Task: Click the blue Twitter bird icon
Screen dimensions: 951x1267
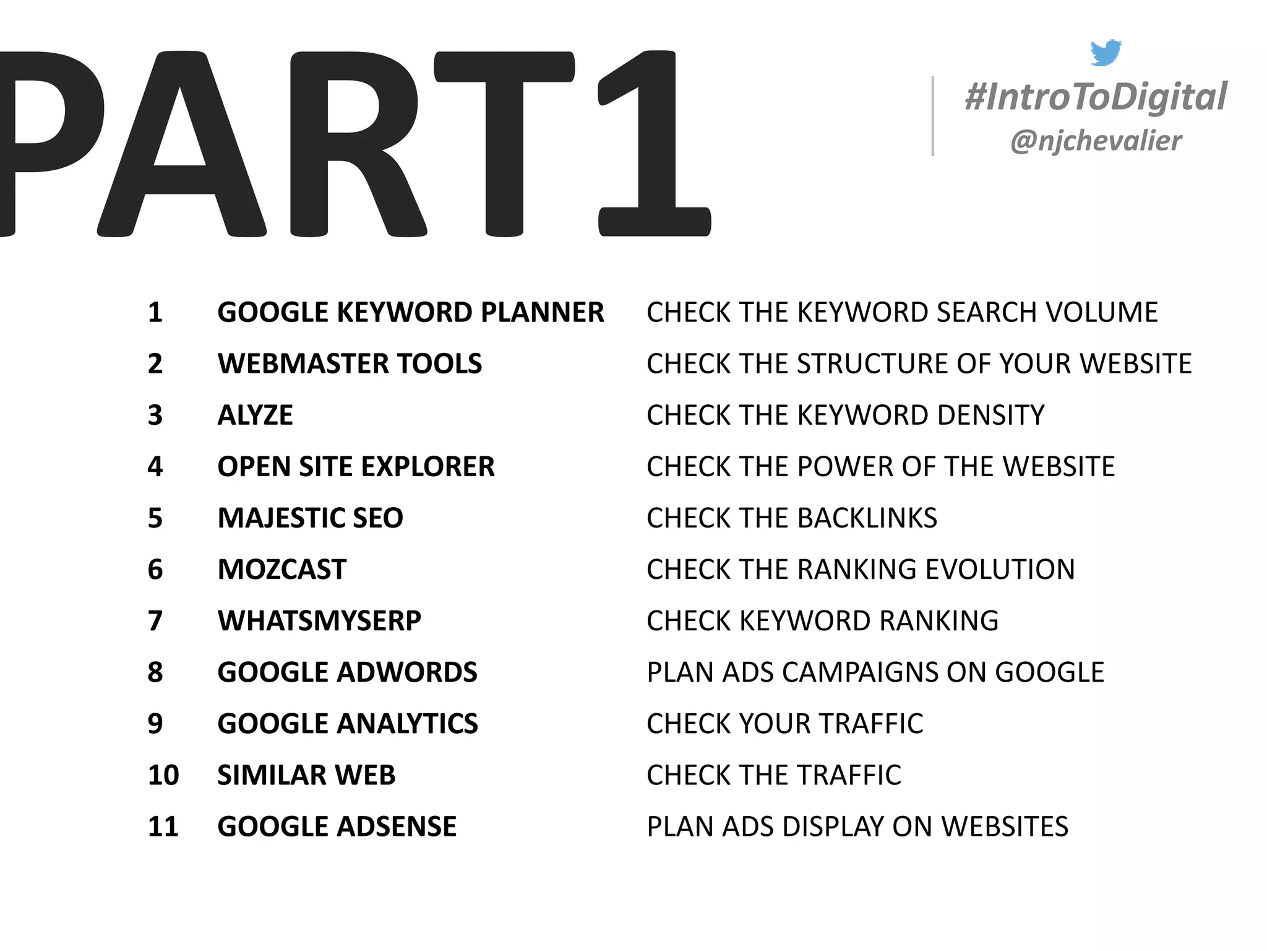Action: click(1106, 53)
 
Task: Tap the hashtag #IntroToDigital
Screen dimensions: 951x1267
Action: click(1096, 97)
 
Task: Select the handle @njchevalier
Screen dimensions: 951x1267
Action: click(1096, 141)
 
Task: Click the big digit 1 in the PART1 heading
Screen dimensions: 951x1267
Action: click(655, 144)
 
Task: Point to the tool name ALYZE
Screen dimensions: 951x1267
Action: click(255, 415)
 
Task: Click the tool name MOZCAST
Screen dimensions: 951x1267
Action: click(281, 570)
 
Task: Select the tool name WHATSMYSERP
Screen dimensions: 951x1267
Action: click(319, 621)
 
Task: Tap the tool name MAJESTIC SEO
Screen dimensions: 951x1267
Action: click(310, 518)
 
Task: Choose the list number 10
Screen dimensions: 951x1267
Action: click(163, 775)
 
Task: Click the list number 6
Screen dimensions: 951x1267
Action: click(155, 570)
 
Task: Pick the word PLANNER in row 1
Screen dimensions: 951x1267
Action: click(542, 313)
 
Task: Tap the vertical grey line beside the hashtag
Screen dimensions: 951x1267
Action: click(932, 116)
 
